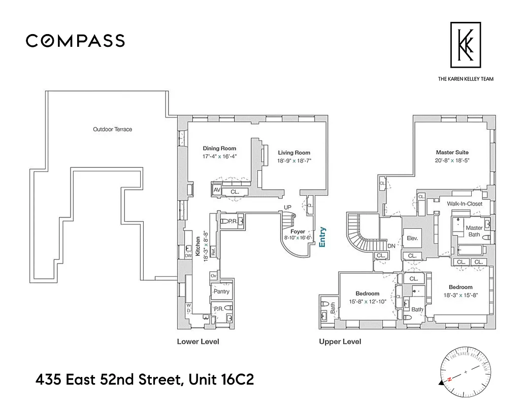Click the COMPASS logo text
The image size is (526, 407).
[75, 41]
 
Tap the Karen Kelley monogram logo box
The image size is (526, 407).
[465, 45]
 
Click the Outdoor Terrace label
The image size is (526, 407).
[112, 129]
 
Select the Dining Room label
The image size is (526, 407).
[219, 149]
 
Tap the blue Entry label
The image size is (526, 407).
[322, 237]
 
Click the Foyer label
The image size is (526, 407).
[298, 231]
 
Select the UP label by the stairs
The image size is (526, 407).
[287, 208]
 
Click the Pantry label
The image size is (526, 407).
[221, 292]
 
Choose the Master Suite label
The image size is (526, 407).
[452, 152]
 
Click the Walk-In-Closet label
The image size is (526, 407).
[464, 204]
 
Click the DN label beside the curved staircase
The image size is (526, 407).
[391, 246]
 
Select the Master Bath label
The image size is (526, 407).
[474, 231]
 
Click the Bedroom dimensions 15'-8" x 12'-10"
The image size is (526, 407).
[367, 301]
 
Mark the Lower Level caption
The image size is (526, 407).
[198, 341]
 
